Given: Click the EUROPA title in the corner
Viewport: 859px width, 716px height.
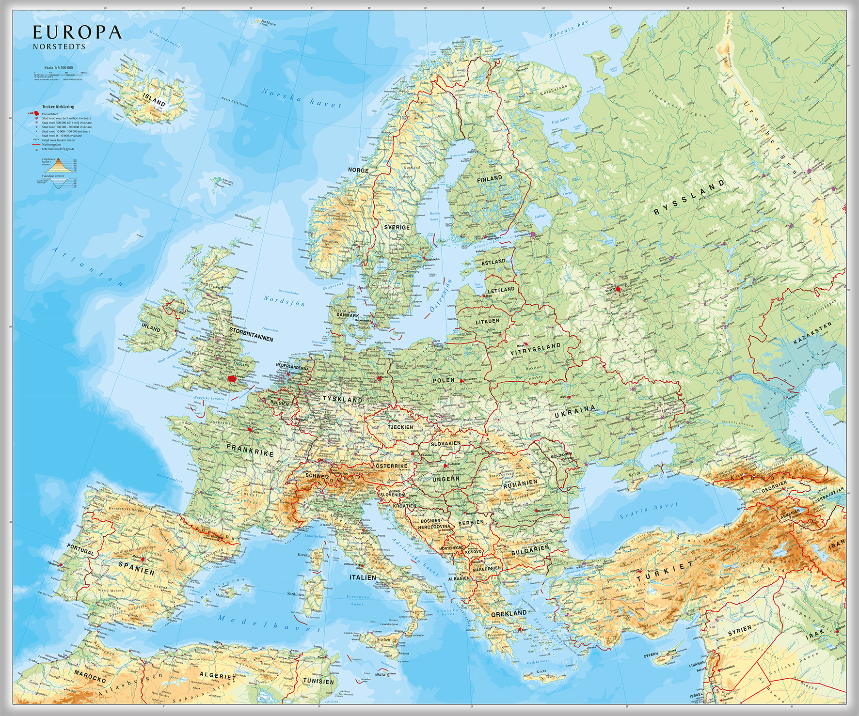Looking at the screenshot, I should (x=77, y=32).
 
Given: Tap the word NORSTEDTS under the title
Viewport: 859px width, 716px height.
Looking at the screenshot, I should (x=59, y=47).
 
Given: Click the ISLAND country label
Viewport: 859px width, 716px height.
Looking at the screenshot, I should (x=154, y=99).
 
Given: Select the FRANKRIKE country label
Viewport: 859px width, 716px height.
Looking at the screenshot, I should (x=250, y=451).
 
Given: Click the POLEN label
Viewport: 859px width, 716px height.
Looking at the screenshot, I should (x=443, y=380).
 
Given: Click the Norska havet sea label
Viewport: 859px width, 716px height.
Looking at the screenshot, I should (x=302, y=97).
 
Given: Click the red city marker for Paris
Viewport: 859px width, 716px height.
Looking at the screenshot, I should (x=250, y=429).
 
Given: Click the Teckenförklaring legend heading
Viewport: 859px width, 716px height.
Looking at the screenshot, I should (x=58, y=107).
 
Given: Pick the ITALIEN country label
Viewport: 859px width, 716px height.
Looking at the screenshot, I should (x=363, y=577).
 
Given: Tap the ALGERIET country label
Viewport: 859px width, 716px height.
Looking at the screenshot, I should (x=217, y=675).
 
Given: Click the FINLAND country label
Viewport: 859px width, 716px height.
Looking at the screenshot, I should (x=489, y=178).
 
